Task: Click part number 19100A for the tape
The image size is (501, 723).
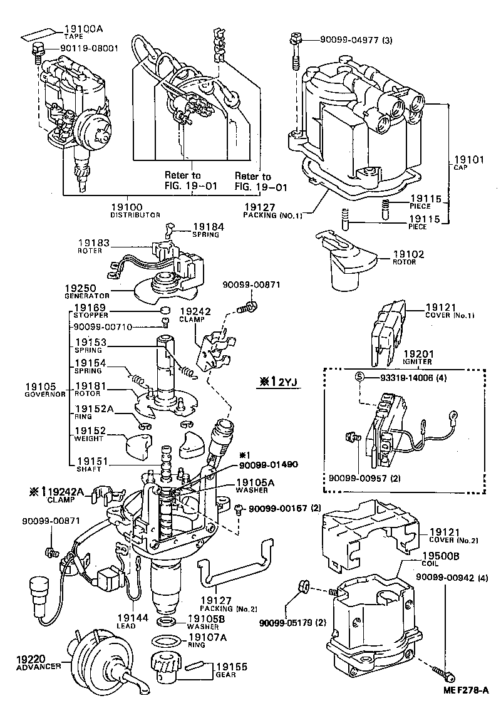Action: pyautogui.click(x=81, y=28)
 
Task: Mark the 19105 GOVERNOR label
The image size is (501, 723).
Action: pyautogui.click(x=40, y=390)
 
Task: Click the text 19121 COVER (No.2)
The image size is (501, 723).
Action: pyautogui.click(x=452, y=534)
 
